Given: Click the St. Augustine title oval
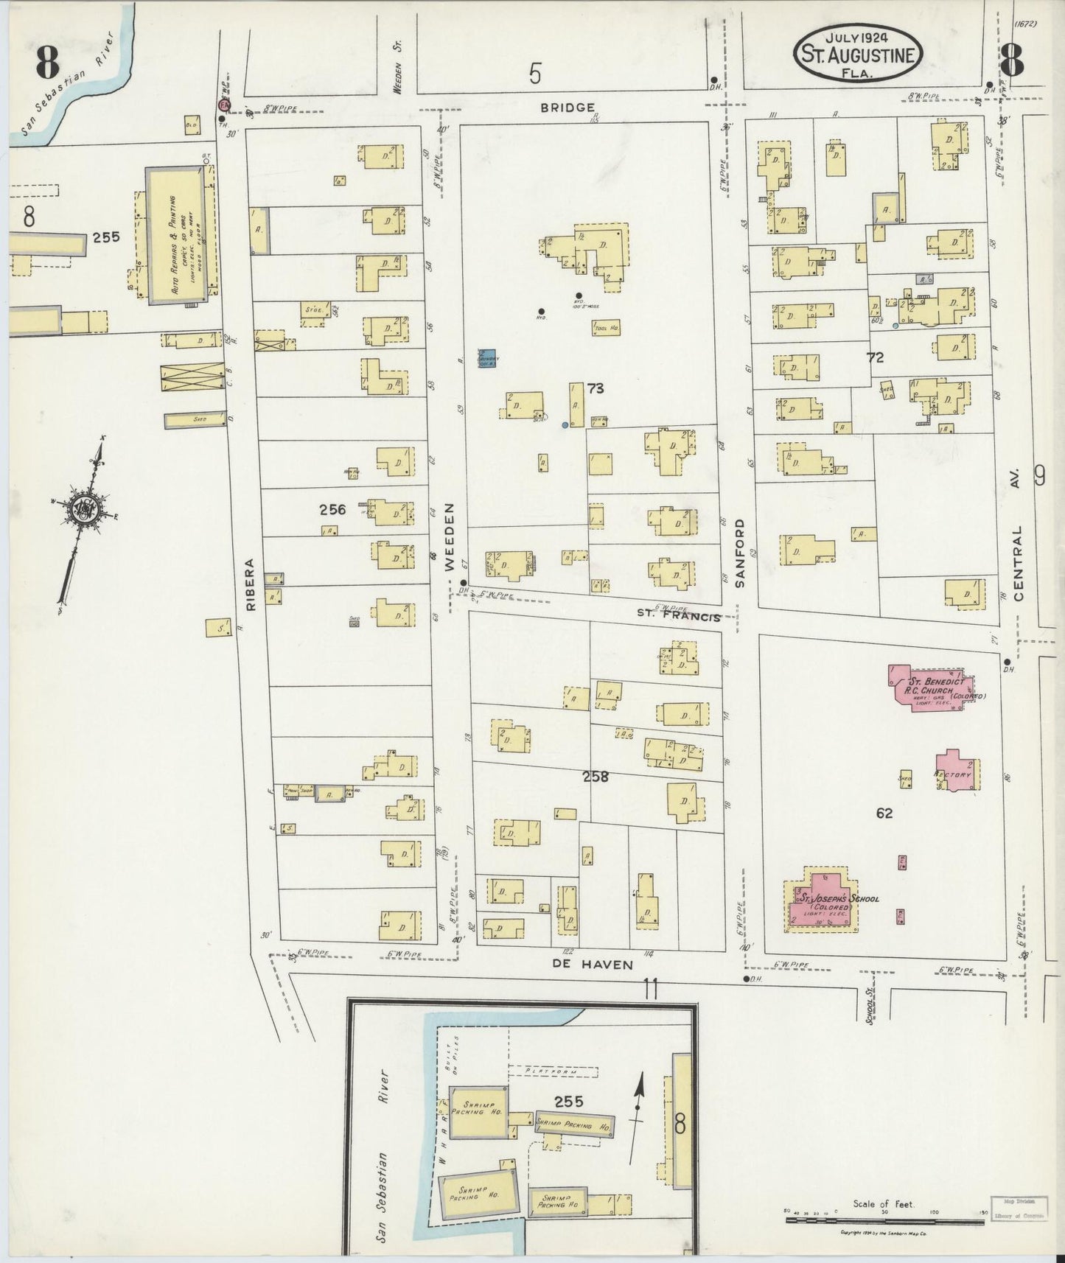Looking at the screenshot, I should (856, 55).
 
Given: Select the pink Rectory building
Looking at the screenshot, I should (957, 772).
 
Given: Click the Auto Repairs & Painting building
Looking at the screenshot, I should (177, 235).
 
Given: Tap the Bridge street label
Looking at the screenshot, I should (568, 108).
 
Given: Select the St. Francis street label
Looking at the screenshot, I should (679, 615).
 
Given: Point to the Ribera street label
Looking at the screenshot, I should (248, 586).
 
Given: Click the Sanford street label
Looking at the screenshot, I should (740, 553).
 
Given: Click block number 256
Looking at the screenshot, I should (332, 509).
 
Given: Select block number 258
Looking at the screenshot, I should (596, 776).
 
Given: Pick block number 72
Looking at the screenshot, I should (875, 358).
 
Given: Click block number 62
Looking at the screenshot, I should (884, 814).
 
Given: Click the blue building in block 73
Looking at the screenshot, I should (486, 359).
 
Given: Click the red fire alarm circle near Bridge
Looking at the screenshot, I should (223, 106).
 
